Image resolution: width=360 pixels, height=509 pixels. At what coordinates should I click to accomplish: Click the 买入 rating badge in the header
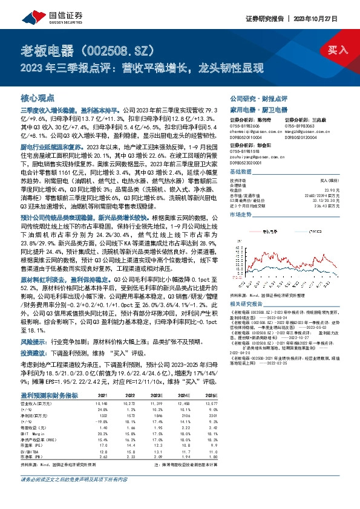point(336,49)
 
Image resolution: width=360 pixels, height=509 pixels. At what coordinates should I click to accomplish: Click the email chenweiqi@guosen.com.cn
point(249,131)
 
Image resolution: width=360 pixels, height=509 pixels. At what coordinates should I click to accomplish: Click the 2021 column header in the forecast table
point(102,395)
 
